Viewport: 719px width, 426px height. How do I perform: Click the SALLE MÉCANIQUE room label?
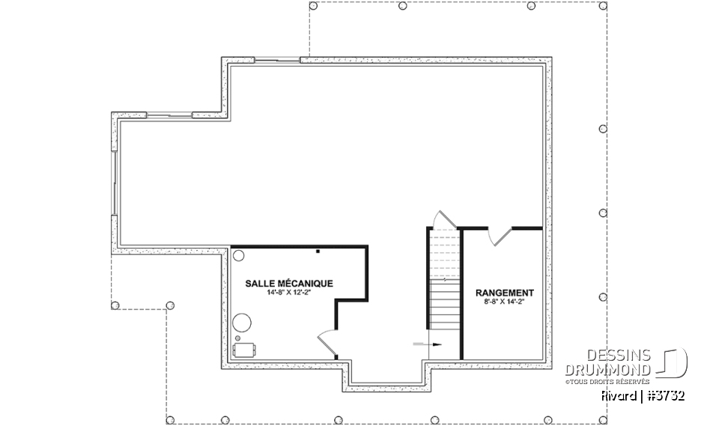(x=289, y=284)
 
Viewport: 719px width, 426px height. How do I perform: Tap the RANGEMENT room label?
(x=504, y=293)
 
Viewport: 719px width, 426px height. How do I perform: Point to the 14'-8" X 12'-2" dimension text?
(x=289, y=293)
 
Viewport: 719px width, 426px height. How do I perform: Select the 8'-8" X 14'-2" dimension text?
(x=504, y=302)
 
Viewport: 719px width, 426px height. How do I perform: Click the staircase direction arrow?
(x=428, y=344)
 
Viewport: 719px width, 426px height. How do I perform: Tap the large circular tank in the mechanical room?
(x=242, y=323)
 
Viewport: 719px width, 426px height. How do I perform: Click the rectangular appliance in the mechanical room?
(x=244, y=350)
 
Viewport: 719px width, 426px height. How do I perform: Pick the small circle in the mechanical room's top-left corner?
(x=238, y=255)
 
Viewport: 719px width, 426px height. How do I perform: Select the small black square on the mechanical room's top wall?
(x=318, y=252)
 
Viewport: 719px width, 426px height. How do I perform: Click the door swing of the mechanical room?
(x=327, y=341)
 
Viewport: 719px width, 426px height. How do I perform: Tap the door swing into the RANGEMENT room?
(x=500, y=236)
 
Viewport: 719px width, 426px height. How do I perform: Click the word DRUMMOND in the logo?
(x=607, y=370)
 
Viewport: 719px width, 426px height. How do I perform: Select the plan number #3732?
(x=665, y=396)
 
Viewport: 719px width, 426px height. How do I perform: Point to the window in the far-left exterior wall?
(x=114, y=183)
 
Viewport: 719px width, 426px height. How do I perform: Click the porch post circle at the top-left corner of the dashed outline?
(x=313, y=6)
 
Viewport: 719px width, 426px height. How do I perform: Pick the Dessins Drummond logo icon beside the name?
(x=673, y=362)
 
